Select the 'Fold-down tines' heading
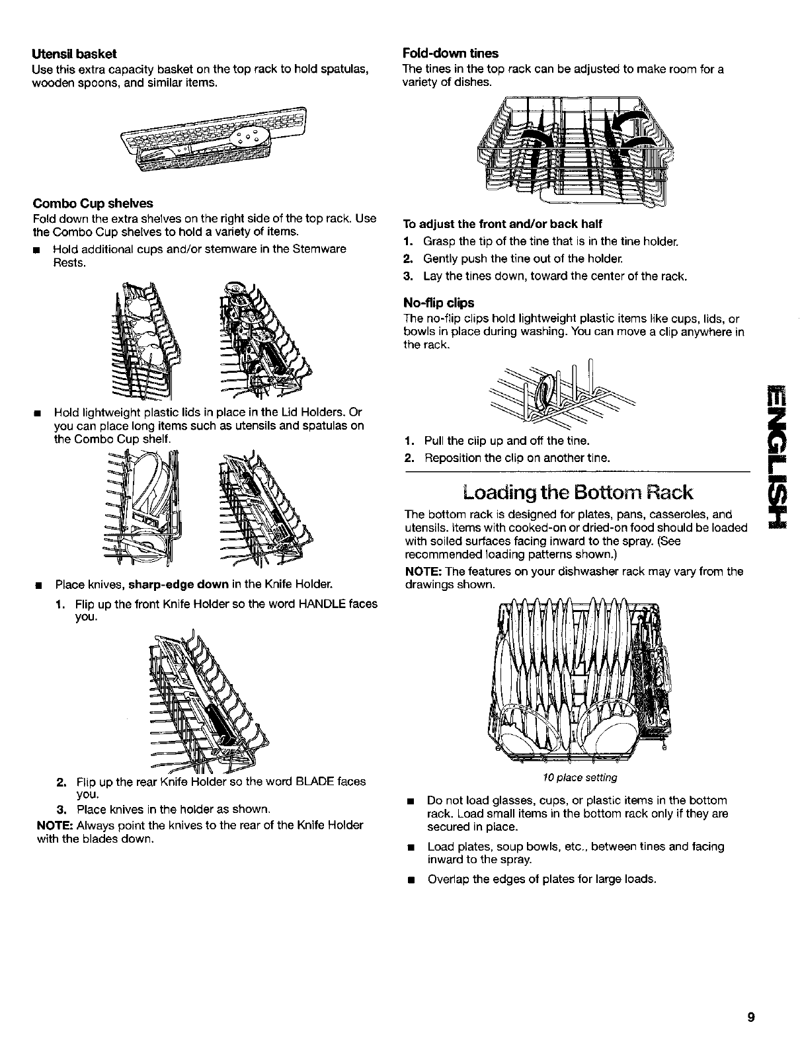(450, 53)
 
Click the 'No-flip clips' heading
(438, 303)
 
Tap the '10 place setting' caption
(579, 777)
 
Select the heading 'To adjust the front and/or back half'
(502, 223)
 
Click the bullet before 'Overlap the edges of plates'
(411, 880)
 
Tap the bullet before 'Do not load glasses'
(411, 801)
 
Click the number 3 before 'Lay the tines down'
(408, 276)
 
